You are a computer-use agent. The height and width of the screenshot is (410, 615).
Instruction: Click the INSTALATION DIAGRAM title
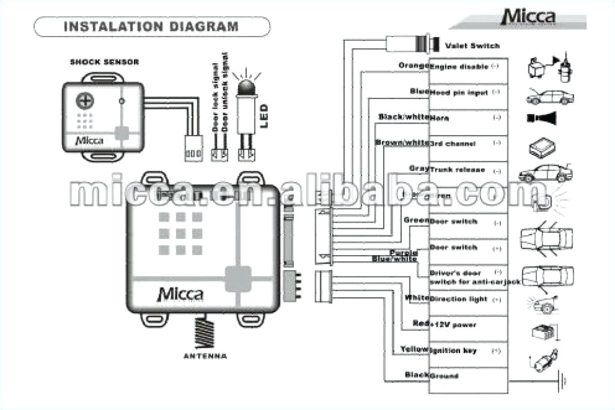click(151, 27)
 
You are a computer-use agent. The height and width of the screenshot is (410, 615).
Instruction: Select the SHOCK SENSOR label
click(105, 62)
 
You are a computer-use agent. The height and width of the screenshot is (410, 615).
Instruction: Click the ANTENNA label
click(205, 357)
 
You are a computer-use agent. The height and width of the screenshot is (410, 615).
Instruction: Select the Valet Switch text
click(472, 46)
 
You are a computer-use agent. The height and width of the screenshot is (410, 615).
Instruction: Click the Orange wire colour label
click(413, 65)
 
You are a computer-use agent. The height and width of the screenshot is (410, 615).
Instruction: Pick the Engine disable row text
click(459, 67)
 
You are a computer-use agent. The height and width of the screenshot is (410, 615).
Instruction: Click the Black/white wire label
click(403, 116)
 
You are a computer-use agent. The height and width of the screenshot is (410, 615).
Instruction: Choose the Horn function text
click(440, 118)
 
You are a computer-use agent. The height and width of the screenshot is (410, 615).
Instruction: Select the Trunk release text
click(458, 170)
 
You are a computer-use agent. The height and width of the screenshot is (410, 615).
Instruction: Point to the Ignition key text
click(453, 350)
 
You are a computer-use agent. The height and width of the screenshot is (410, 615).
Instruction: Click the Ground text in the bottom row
click(444, 376)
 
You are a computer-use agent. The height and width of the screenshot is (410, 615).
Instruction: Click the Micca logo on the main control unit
click(180, 294)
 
